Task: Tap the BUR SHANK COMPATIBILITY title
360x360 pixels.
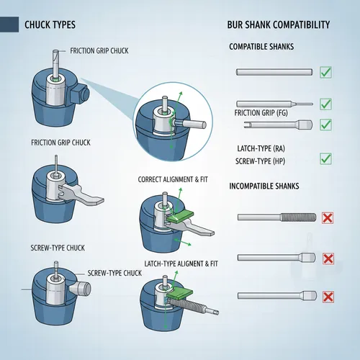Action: (279, 25)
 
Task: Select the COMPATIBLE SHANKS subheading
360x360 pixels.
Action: (261, 47)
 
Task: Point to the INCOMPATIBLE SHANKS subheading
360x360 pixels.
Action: (265, 186)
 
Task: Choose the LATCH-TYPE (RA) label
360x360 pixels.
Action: (259, 148)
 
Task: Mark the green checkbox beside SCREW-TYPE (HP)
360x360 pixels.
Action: (325, 158)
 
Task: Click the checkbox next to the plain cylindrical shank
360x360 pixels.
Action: (325, 72)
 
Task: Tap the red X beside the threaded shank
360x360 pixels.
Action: (328, 217)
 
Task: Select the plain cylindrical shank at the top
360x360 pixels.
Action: (274, 72)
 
